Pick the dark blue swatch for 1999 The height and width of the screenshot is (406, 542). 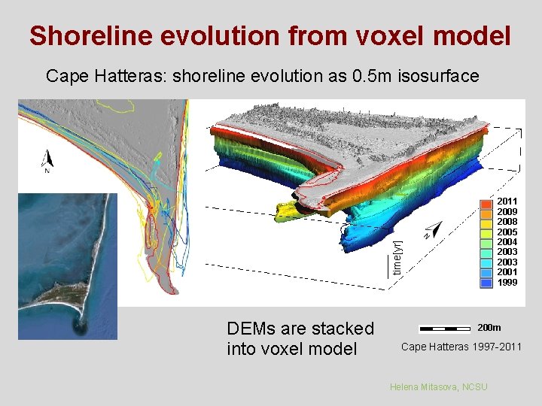point(486,283)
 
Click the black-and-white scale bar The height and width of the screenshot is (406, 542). point(444,329)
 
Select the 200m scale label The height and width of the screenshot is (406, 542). point(489,328)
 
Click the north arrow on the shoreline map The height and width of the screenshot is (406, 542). point(47,159)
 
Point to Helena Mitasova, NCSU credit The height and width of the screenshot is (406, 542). point(438,386)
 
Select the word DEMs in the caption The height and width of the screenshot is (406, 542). point(248,329)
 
